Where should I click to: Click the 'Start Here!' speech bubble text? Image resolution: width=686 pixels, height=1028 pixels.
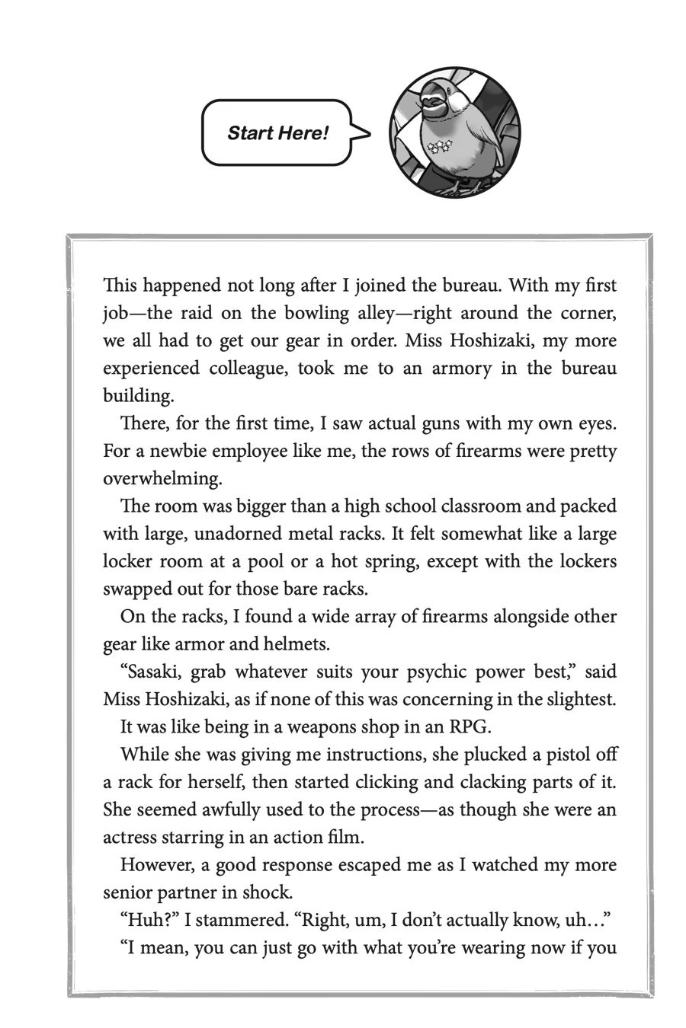[277, 133]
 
